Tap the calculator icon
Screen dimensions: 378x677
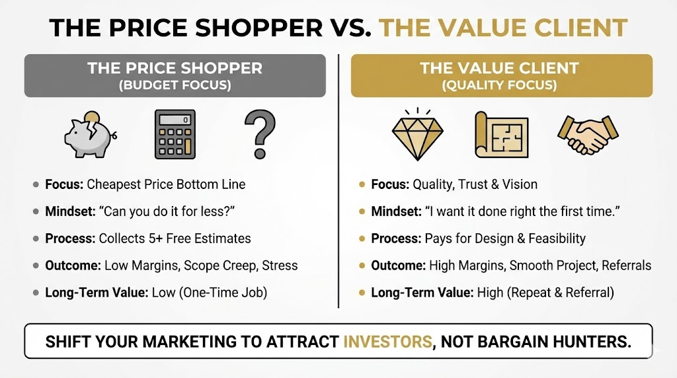point(175,135)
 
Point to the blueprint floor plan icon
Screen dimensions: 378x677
point(501,135)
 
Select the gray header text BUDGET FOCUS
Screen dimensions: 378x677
point(175,85)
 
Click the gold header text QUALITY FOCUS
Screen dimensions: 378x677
point(501,85)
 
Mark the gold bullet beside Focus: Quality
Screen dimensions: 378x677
point(361,185)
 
